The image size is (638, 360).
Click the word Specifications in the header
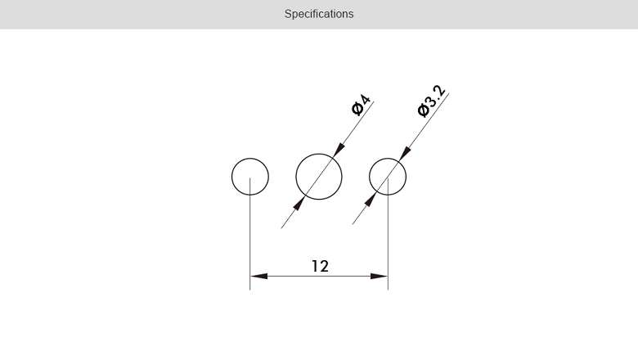pyautogui.click(x=319, y=14)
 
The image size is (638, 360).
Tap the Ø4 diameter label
pyautogui.click(x=361, y=105)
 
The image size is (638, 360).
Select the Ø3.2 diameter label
pyautogui.click(x=431, y=101)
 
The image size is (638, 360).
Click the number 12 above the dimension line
pyautogui.click(x=320, y=266)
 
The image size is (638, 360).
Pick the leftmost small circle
pyautogui.click(x=232, y=177)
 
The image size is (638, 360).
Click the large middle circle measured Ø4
pyautogui.click(x=296, y=177)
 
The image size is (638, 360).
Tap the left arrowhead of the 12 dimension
pyautogui.click(x=258, y=277)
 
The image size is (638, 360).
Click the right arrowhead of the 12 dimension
pyautogui.click(x=380, y=277)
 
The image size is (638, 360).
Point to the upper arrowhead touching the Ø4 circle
pyautogui.click(x=339, y=150)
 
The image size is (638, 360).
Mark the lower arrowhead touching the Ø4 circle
pyautogui.click(x=299, y=204)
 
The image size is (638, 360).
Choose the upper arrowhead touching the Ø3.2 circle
pyautogui.click(x=405, y=154)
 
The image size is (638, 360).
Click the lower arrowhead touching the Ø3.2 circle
pyautogui.click(x=371, y=200)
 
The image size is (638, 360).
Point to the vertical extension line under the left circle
pyautogui.click(x=249, y=234)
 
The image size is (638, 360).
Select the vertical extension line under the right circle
pyautogui.click(x=388, y=234)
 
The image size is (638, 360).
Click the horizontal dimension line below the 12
pyautogui.click(x=319, y=277)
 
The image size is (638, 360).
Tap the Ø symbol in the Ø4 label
pyautogui.click(x=357, y=109)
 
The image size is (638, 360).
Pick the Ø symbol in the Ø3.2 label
pyautogui.click(x=423, y=110)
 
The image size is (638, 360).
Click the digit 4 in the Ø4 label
pyautogui.click(x=365, y=100)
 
